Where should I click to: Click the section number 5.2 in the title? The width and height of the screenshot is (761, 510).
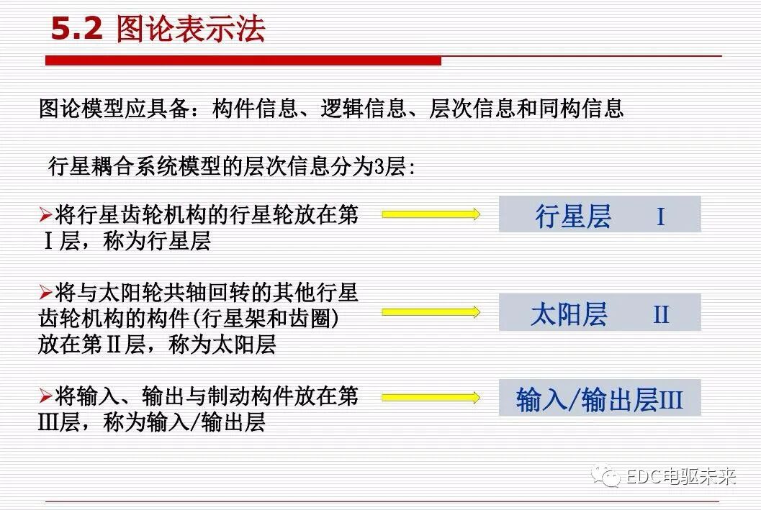click(x=78, y=29)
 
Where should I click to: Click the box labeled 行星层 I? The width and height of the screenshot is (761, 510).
click(x=600, y=214)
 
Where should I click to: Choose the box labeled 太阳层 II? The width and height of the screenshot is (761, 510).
click(x=600, y=313)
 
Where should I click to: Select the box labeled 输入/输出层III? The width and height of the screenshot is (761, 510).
click(x=600, y=398)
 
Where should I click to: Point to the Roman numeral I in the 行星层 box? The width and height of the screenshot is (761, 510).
click(x=660, y=217)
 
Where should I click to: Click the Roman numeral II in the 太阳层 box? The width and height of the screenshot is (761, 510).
click(x=661, y=315)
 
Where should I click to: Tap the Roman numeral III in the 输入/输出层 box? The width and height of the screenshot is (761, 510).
click(x=670, y=400)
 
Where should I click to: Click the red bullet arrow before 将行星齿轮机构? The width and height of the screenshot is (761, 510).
click(x=45, y=214)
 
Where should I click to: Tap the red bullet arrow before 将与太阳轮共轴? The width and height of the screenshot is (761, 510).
click(x=45, y=293)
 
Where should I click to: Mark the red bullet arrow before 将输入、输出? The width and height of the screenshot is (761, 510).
click(x=45, y=396)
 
